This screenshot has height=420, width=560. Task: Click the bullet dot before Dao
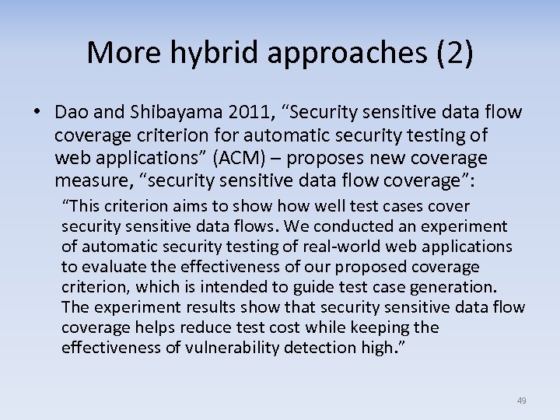coord(37,114)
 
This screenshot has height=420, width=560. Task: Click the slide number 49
coord(521,401)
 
